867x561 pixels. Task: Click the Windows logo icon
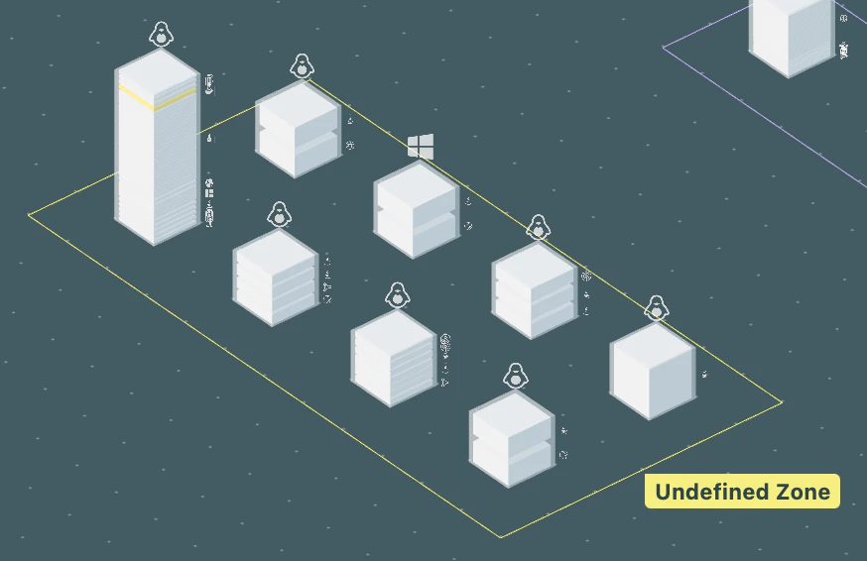pyautogui.click(x=421, y=147)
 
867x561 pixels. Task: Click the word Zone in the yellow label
pyautogui.click(x=803, y=492)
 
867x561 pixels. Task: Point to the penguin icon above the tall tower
pyautogui.click(x=161, y=35)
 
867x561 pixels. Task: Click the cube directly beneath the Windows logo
pyautogui.click(x=417, y=210)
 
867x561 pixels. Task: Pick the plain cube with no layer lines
pyautogui.click(x=653, y=372)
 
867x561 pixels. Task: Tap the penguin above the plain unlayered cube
pyautogui.click(x=657, y=308)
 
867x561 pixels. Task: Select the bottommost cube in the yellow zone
pyautogui.click(x=512, y=439)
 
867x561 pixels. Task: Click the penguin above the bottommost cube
pyautogui.click(x=515, y=376)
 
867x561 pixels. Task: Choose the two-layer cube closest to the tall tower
pyautogui.click(x=299, y=129)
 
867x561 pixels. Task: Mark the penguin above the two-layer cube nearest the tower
pyautogui.click(x=302, y=66)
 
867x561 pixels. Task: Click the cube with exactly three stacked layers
pyautogui.click(x=535, y=290)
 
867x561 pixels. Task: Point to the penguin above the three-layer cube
pyautogui.click(x=538, y=227)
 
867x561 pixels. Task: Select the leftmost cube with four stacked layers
pyautogui.click(x=276, y=278)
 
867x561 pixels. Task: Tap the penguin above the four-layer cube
pyautogui.click(x=279, y=214)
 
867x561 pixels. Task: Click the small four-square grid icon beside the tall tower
pyautogui.click(x=209, y=193)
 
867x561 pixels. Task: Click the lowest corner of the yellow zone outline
pyautogui.click(x=501, y=536)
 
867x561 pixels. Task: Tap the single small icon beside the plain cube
pyautogui.click(x=704, y=375)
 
